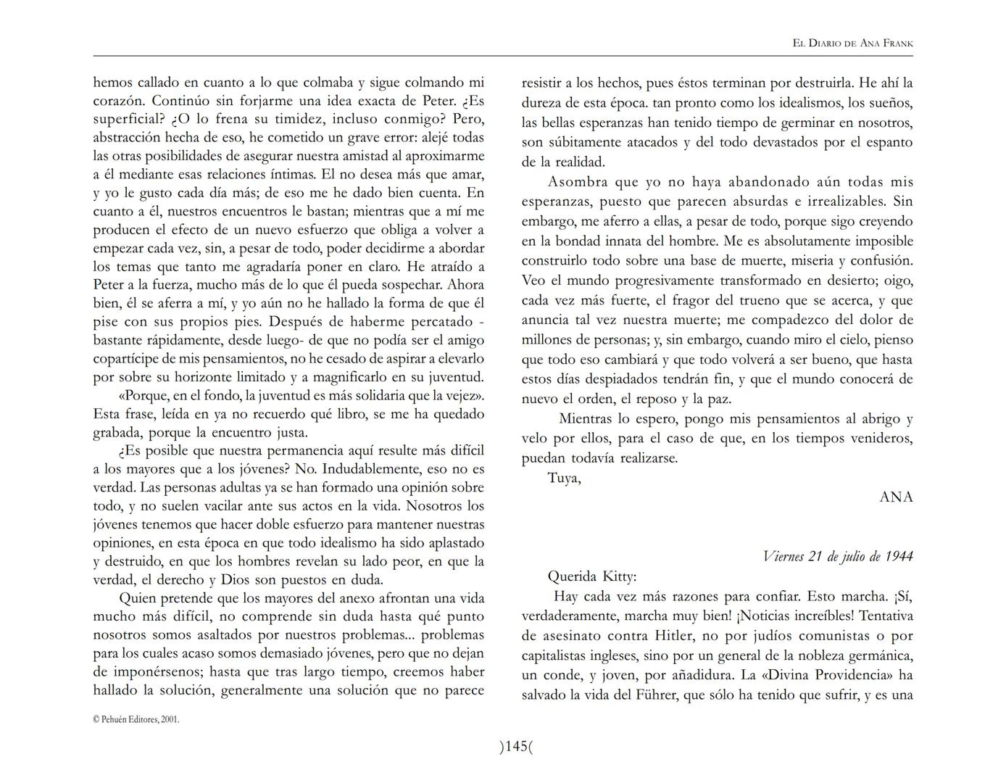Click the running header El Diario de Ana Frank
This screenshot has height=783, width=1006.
tap(852, 43)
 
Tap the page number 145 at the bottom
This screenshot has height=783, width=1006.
tap(516, 746)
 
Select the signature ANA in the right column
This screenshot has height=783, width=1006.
tap(896, 497)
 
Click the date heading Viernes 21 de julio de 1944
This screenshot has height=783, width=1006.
tap(837, 556)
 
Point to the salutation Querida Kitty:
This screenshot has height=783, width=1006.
tap(591, 577)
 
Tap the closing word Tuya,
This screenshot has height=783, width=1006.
tap(564, 478)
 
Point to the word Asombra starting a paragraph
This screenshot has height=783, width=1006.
tap(578, 182)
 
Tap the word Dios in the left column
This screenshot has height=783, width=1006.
tap(235, 580)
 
